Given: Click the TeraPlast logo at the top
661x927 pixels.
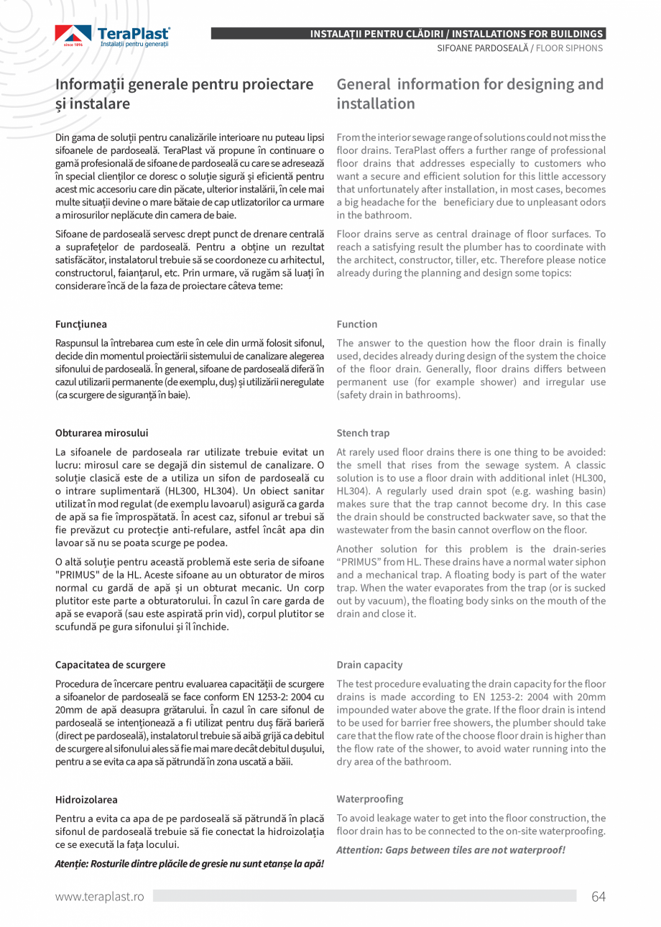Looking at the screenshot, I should pyautogui.click(x=113, y=36).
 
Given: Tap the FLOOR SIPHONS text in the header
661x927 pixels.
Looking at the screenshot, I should pyautogui.click(x=569, y=47).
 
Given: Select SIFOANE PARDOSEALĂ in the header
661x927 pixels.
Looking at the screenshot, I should pyautogui.click(x=483, y=47).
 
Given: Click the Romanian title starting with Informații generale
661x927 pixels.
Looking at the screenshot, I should pyautogui.click(x=185, y=93).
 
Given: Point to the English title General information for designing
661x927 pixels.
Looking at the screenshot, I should pyautogui.click(x=470, y=93).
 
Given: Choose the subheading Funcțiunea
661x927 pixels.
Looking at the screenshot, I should pyautogui.click(x=80, y=324).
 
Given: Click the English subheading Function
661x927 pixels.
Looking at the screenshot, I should pyautogui.click(x=356, y=324).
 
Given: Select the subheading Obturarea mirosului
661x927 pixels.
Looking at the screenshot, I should pyautogui.click(x=101, y=433).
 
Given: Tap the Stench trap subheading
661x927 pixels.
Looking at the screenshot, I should pyautogui.click(x=363, y=433).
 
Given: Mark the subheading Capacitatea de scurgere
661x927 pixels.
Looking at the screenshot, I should pyautogui.click(x=110, y=665).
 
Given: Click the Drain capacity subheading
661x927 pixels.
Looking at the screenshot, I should pyautogui.click(x=369, y=665).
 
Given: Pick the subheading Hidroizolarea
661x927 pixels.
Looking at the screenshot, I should pyautogui.click(x=86, y=799).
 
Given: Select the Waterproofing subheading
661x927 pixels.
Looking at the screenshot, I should pyautogui.click(x=369, y=799).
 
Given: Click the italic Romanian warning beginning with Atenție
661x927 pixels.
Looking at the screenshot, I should pyautogui.click(x=189, y=863).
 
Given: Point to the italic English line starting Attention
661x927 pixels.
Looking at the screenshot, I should pyautogui.click(x=450, y=850).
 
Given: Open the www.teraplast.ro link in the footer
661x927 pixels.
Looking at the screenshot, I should pyautogui.click(x=100, y=896).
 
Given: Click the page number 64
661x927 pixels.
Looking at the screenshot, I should pyautogui.click(x=598, y=896).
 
